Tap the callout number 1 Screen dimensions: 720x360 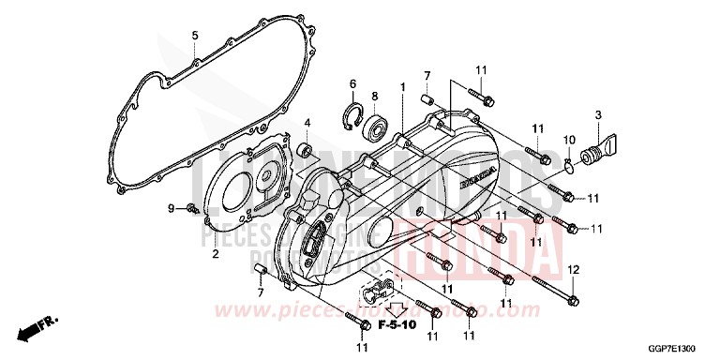[403, 87]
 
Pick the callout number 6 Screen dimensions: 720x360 [353, 83]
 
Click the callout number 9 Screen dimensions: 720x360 [171, 206]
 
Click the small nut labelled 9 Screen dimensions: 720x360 [191, 206]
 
